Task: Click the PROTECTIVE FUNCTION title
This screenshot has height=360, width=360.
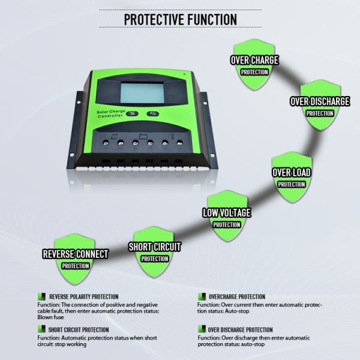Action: point(181,19)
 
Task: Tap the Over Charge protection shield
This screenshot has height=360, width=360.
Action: point(254,65)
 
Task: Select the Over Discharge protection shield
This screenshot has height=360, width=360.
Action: point(320,106)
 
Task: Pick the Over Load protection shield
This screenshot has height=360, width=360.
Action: point(292,177)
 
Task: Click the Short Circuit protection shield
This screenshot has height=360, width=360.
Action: point(154,252)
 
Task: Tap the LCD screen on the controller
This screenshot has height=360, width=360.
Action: point(142,93)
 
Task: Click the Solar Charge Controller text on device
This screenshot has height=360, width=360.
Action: point(111,113)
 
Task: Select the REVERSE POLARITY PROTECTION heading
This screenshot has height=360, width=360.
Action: point(84,296)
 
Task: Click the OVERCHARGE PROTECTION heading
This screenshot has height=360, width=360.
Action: point(237,296)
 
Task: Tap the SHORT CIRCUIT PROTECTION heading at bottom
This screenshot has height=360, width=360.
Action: point(79,329)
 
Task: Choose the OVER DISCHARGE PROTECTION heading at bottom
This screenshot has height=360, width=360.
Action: point(241,329)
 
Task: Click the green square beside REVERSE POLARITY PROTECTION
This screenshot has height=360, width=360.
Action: point(41,296)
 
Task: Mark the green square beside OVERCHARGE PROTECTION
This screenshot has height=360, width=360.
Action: point(202,296)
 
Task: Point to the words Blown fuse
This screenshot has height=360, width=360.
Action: point(50,317)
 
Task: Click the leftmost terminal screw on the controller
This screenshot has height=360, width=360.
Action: point(106,143)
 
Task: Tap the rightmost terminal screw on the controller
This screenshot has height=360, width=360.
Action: point(180,143)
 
